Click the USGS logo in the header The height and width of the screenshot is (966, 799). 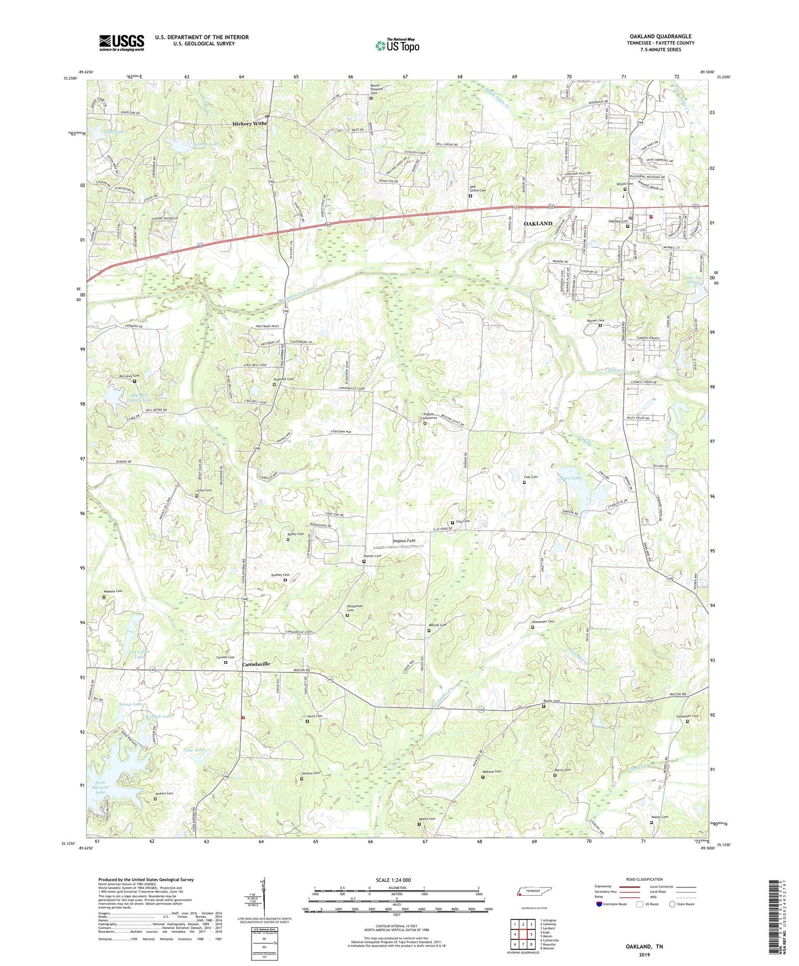pyautogui.click(x=122, y=42)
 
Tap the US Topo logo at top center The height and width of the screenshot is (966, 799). pyautogui.click(x=397, y=45)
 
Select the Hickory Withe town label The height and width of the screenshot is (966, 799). pyautogui.click(x=250, y=124)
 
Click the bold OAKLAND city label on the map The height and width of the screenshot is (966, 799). pyautogui.click(x=537, y=224)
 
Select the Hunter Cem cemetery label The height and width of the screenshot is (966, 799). pyautogui.click(x=372, y=556)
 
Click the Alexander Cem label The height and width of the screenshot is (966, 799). pyautogui.click(x=542, y=622)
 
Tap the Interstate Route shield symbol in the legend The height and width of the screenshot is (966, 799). pyautogui.click(x=599, y=905)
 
